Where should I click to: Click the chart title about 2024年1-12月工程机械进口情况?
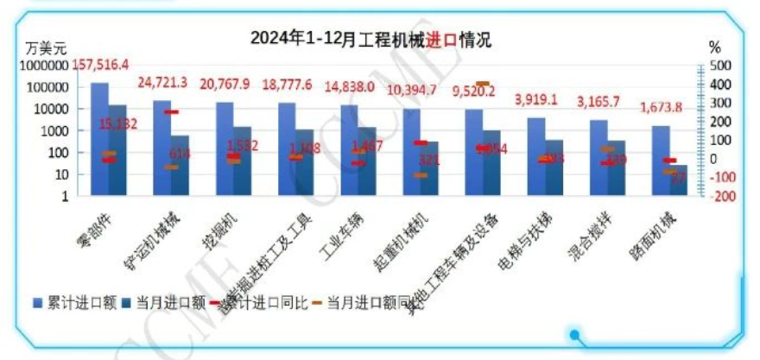pyautogui.click(x=370, y=39)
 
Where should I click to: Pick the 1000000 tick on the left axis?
pyautogui.click(x=47, y=66)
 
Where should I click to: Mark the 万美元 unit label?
pyautogui.click(x=46, y=47)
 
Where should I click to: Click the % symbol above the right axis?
pyautogui.click(x=714, y=47)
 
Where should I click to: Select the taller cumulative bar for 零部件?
pyautogui.click(x=99, y=138)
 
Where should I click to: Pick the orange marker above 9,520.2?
pyautogui.click(x=483, y=84)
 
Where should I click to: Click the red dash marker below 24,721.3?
pyautogui.click(x=171, y=112)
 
